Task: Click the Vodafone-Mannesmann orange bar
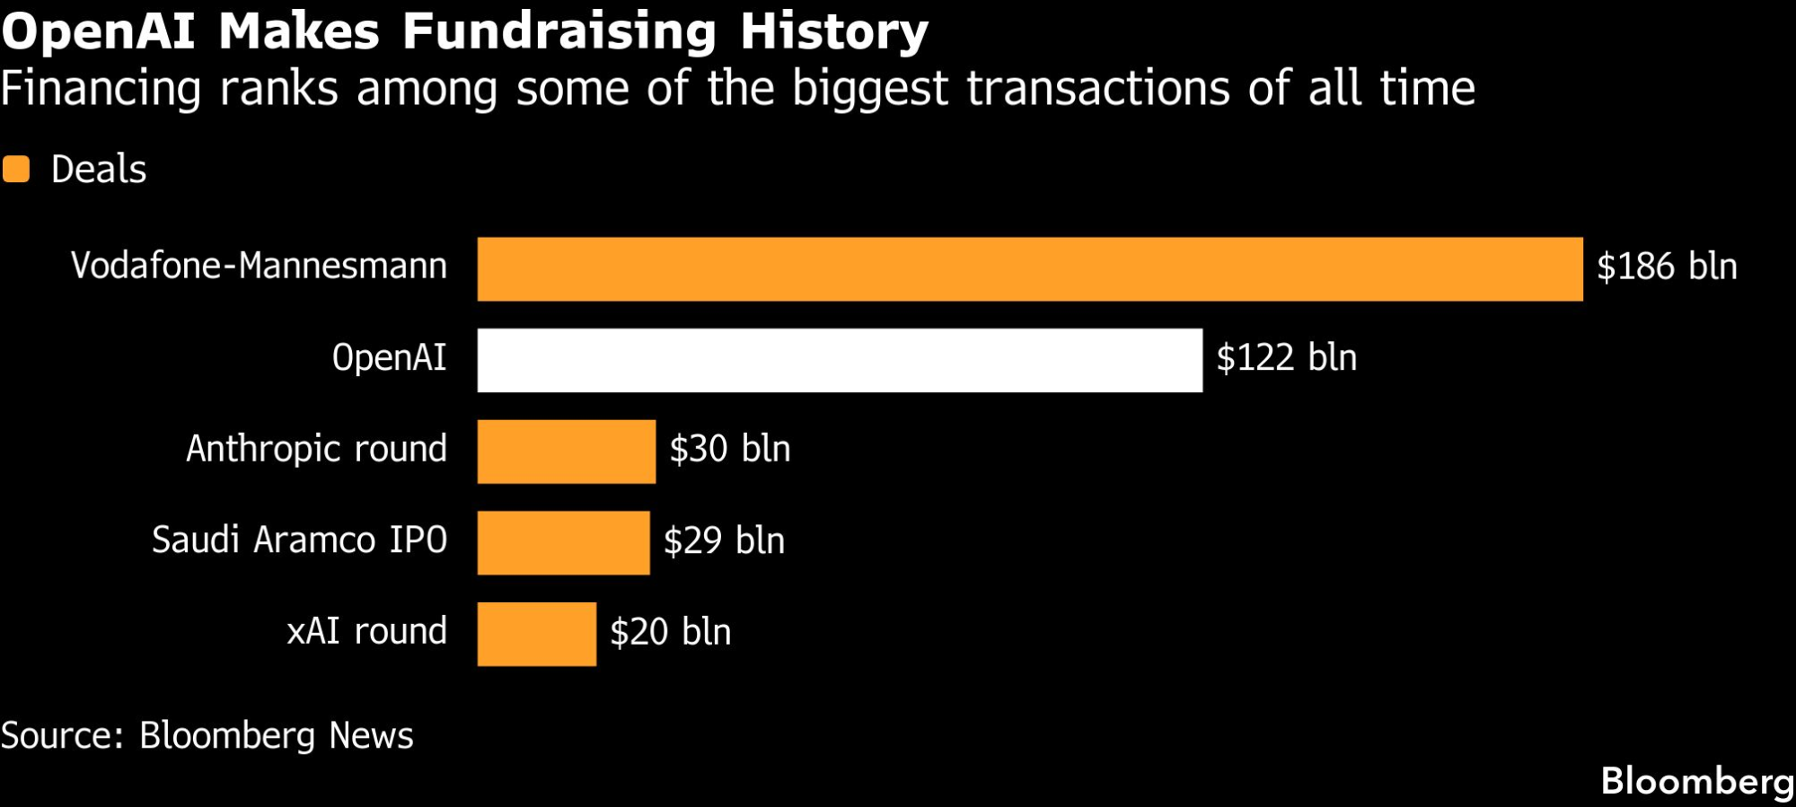pyautogui.click(x=1029, y=269)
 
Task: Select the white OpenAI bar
pyautogui.click(x=840, y=360)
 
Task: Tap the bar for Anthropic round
pyautogui.click(x=566, y=452)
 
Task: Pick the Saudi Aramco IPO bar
pyautogui.click(x=563, y=542)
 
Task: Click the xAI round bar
pyautogui.click(x=536, y=634)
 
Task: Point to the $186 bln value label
pyautogui.click(x=1667, y=268)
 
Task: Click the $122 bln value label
pyautogui.click(x=1286, y=358)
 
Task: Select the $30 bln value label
pyautogui.click(x=729, y=450)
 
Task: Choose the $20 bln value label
pyautogui.click(x=670, y=632)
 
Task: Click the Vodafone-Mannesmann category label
pyautogui.click(x=259, y=267)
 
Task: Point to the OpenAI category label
pyautogui.click(x=389, y=358)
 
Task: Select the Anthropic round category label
pyautogui.click(x=316, y=449)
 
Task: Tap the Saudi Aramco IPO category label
pyautogui.click(x=299, y=540)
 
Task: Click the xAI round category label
pyautogui.click(x=366, y=631)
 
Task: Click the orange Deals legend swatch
pyautogui.click(x=16, y=169)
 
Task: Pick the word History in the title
pyautogui.click(x=833, y=31)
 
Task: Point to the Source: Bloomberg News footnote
pyautogui.click(x=207, y=736)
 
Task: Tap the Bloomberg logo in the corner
pyautogui.click(x=1696, y=781)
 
